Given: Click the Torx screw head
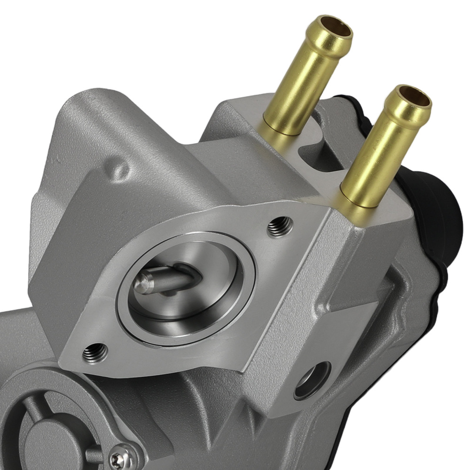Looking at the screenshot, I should [x=122, y=456].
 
